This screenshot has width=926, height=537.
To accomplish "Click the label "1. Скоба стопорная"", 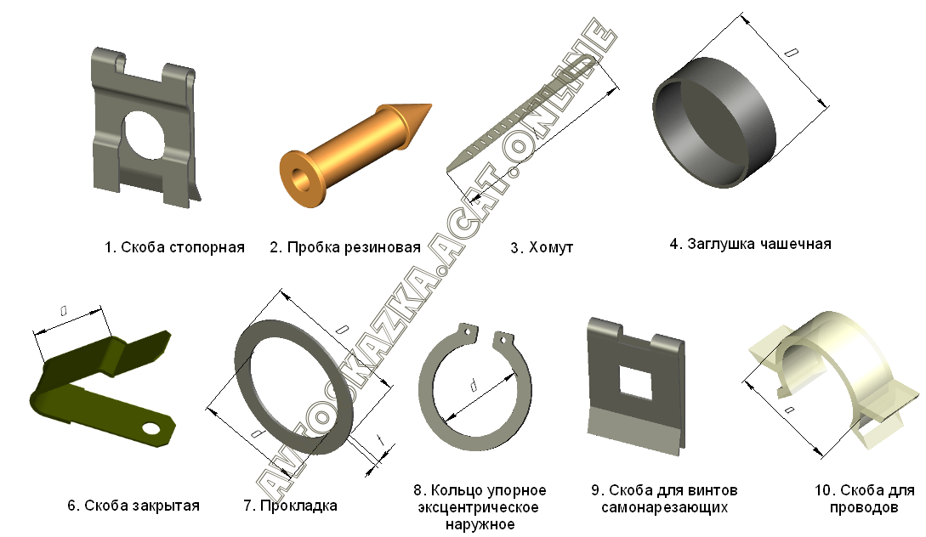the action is (x=175, y=247).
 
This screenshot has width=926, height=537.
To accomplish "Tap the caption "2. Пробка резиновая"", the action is (x=345, y=247).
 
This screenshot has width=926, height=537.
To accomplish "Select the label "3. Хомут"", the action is (x=542, y=247).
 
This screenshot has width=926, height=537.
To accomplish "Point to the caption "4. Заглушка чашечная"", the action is (x=750, y=244).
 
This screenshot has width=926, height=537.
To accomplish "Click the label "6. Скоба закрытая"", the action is (x=134, y=506).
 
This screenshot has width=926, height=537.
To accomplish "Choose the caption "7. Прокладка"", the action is (x=291, y=506).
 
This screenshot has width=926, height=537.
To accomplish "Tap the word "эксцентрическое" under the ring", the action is (x=479, y=507).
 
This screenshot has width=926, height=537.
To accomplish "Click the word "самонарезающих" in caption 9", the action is (x=664, y=507).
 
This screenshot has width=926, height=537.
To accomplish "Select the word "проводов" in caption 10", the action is (x=864, y=507).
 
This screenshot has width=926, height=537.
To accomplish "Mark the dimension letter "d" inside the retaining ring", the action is (x=473, y=386).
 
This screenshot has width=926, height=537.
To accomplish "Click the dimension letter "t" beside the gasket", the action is (x=381, y=439).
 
